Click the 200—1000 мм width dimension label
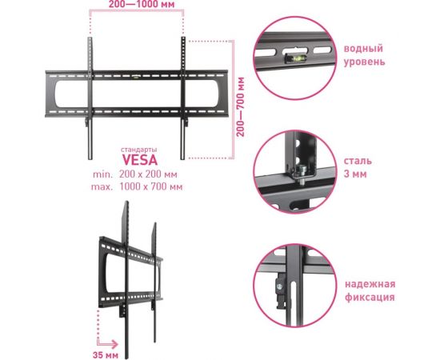pyautogui.click(x=142, y=4)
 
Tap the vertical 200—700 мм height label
pyautogui.click(x=241, y=107)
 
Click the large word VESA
pyautogui.click(x=140, y=160)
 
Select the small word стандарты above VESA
pyautogui.click(x=139, y=150)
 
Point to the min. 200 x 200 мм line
pyautogui.click(x=135, y=174)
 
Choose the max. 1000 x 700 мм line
pyautogui.click(x=137, y=186)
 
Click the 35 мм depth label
pyautogui.click(x=106, y=355)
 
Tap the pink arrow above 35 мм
pyautogui.click(x=107, y=344)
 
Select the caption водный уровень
pyautogui.click(x=364, y=54)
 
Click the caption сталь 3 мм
pyautogui.click(x=358, y=167)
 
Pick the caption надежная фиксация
pyautogui.click(x=370, y=290)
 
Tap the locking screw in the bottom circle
pyautogui.click(x=279, y=287)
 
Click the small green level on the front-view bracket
pyautogui.click(x=136, y=76)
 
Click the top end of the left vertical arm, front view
pyautogui.click(x=90, y=38)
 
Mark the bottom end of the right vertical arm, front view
pyautogui.click(x=182, y=159)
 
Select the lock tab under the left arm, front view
pyautogui.click(x=86, y=122)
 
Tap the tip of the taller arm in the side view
pyautogui.click(x=127, y=202)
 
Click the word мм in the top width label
pyautogui.click(x=168, y=5)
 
